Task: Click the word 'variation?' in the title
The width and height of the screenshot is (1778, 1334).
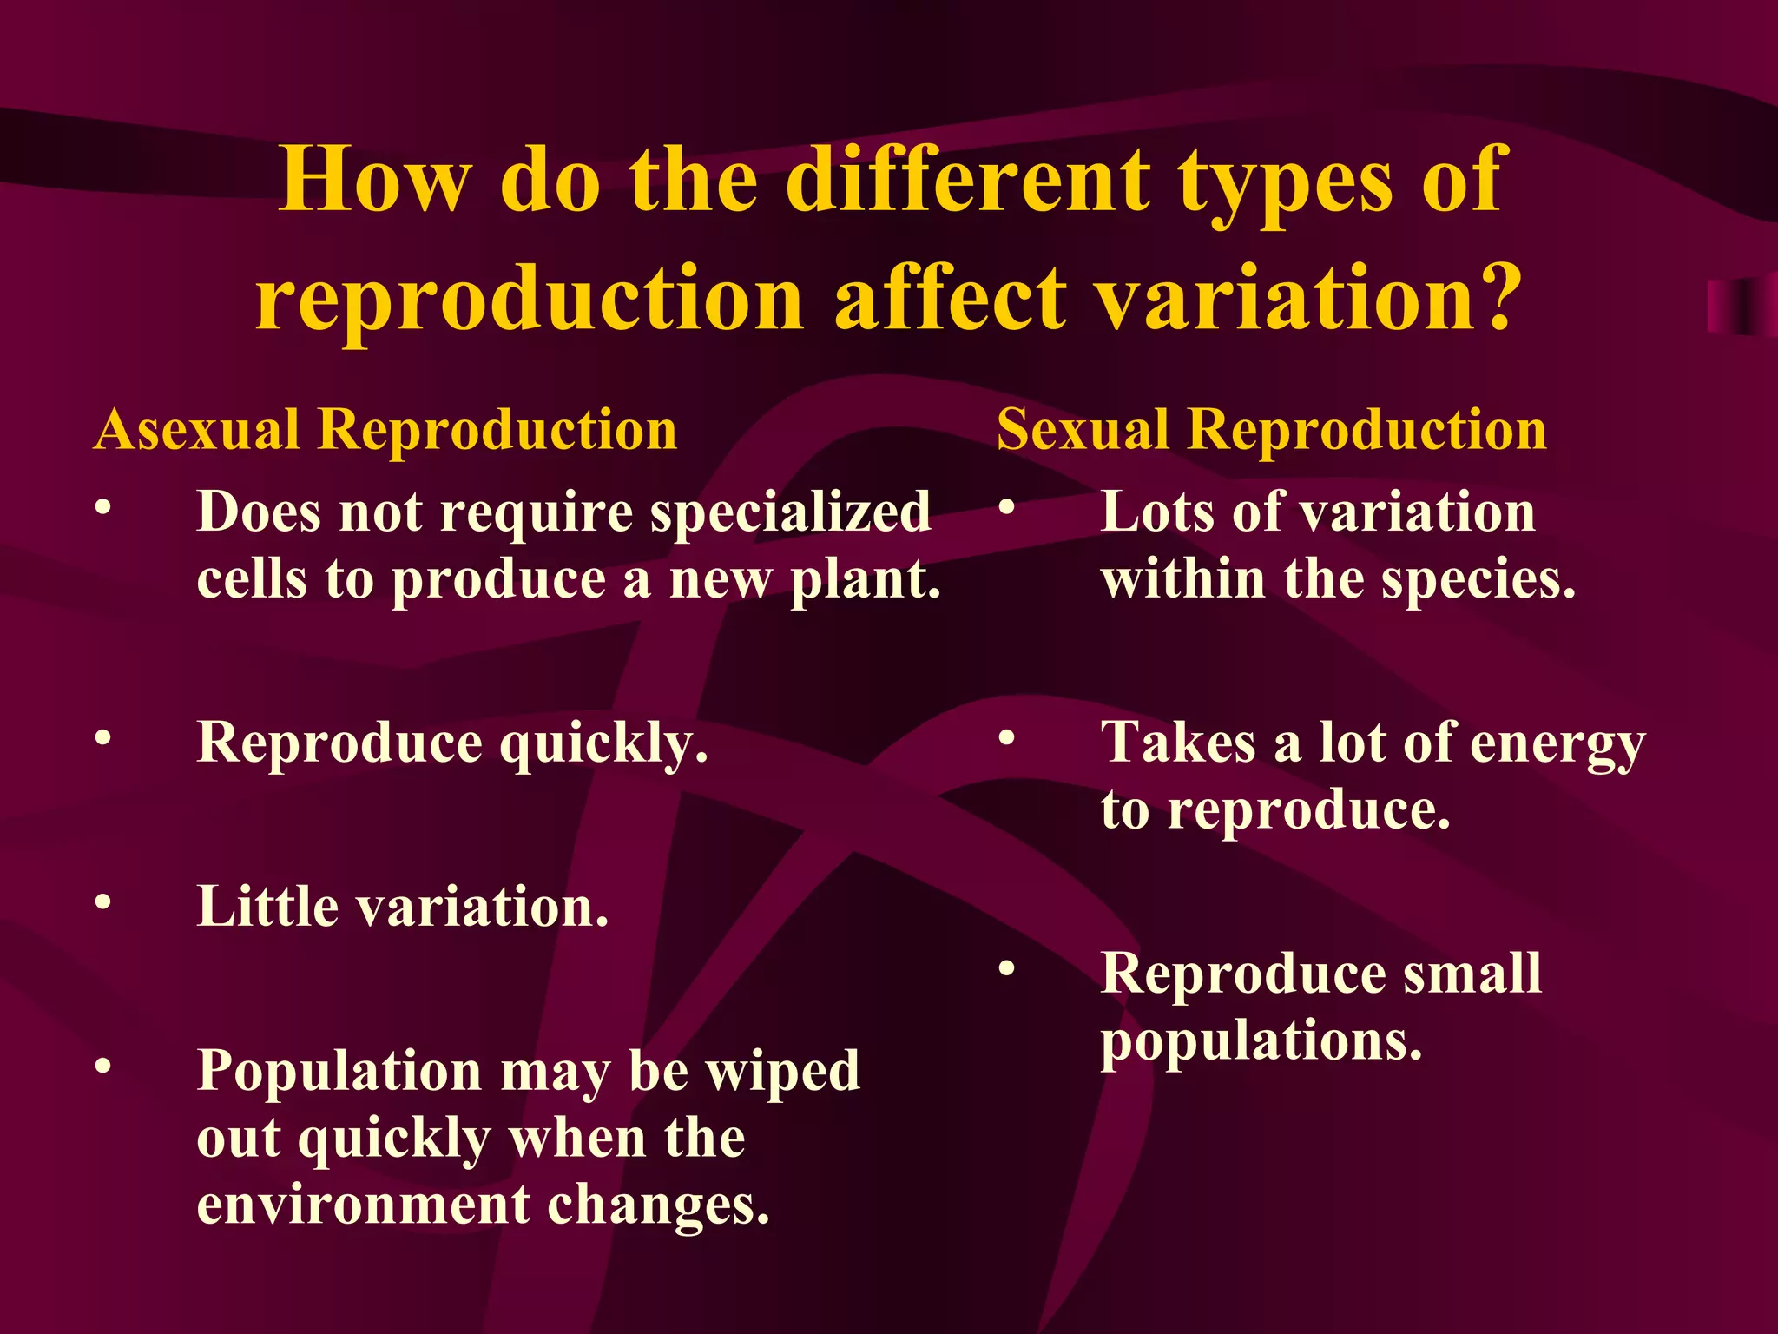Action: tap(1306, 298)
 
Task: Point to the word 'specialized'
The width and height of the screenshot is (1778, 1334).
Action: tap(790, 512)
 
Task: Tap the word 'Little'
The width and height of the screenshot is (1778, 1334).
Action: tap(267, 907)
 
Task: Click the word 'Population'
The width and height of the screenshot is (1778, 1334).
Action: tap(339, 1072)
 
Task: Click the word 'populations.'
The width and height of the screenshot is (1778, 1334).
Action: tap(1261, 1042)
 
